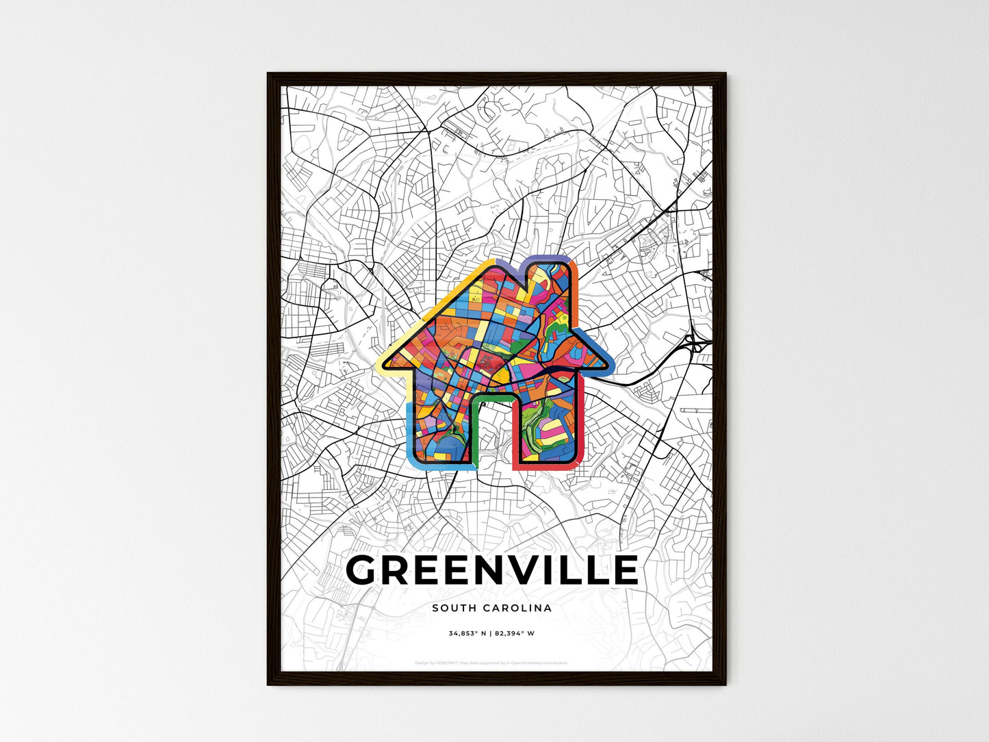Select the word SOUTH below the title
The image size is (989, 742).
(x=454, y=608)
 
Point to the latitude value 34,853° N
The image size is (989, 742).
(x=467, y=634)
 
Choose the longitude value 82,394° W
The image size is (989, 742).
(x=514, y=634)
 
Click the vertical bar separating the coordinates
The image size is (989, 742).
(x=491, y=634)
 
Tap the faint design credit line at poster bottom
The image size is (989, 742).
(x=491, y=663)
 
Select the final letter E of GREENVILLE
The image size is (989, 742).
(x=624, y=570)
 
